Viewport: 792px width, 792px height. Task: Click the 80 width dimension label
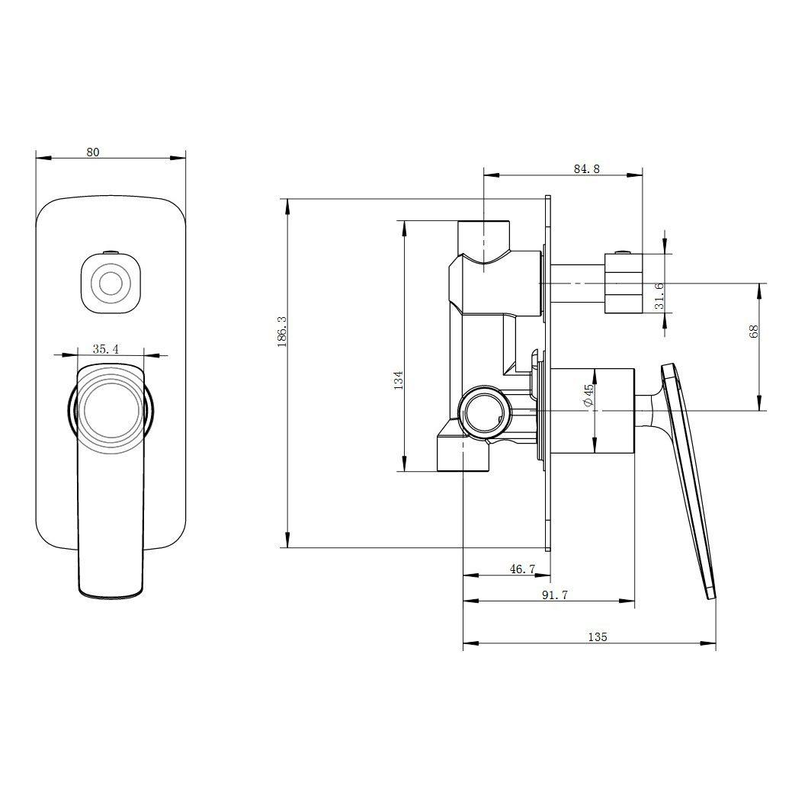[93, 152]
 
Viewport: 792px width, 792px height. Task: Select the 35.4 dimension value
[105, 349]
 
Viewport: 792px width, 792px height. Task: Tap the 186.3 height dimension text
[282, 332]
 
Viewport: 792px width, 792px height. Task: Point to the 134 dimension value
[399, 380]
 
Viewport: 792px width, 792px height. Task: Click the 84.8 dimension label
[586, 168]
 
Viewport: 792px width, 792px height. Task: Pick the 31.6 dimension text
[659, 296]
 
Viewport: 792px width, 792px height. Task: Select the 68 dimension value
[754, 332]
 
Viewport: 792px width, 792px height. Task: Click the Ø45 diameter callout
[588, 396]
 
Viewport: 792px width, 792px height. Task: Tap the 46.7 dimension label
[522, 569]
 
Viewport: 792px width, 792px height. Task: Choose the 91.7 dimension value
[555, 595]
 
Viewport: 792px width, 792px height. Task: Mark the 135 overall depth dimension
[598, 637]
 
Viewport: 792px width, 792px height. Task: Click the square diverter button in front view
[111, 284]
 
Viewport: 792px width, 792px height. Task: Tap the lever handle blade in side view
[688, 479]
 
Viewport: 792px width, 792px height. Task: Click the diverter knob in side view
[624, 283]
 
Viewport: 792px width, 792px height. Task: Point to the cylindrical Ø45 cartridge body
[592, 411]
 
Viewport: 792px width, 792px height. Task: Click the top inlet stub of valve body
[484, 236]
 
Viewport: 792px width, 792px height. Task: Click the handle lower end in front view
[111, 588]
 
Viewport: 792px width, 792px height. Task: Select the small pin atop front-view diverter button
[111, 252]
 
